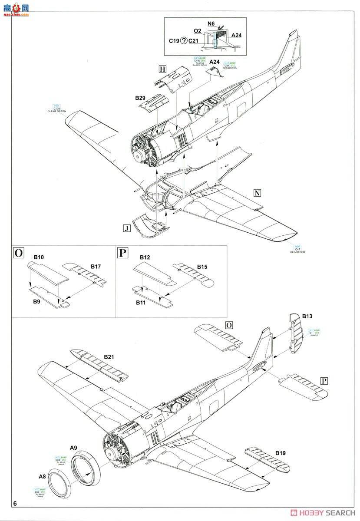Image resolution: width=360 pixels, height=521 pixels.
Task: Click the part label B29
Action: [x=140, y=99]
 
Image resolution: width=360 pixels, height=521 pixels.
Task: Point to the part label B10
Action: [x=39, y=257]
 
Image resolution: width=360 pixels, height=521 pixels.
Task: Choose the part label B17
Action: [x=96, y=266]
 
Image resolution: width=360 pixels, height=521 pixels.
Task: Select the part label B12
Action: [x=145, y=257]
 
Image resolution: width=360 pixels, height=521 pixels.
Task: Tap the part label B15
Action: [x=202, y=266]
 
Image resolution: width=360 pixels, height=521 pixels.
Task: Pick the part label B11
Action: [x=141, y=302]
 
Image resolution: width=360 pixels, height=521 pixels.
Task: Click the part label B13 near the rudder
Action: [x=307, y=316]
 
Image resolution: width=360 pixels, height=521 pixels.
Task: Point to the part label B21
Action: [x=109, y=356]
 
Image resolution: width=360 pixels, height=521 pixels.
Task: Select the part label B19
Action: [x=280, y=453]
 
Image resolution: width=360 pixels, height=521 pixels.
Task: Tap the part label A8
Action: [x=42, y=476]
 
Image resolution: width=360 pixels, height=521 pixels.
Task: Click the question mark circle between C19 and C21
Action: [x=184, y=41]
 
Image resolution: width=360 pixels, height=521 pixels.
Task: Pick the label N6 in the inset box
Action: [x=211, y=23]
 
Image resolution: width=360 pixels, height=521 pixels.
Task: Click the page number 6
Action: [x=16, y=504]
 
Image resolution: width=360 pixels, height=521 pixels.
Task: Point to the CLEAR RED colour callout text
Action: [x=298, y=252]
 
